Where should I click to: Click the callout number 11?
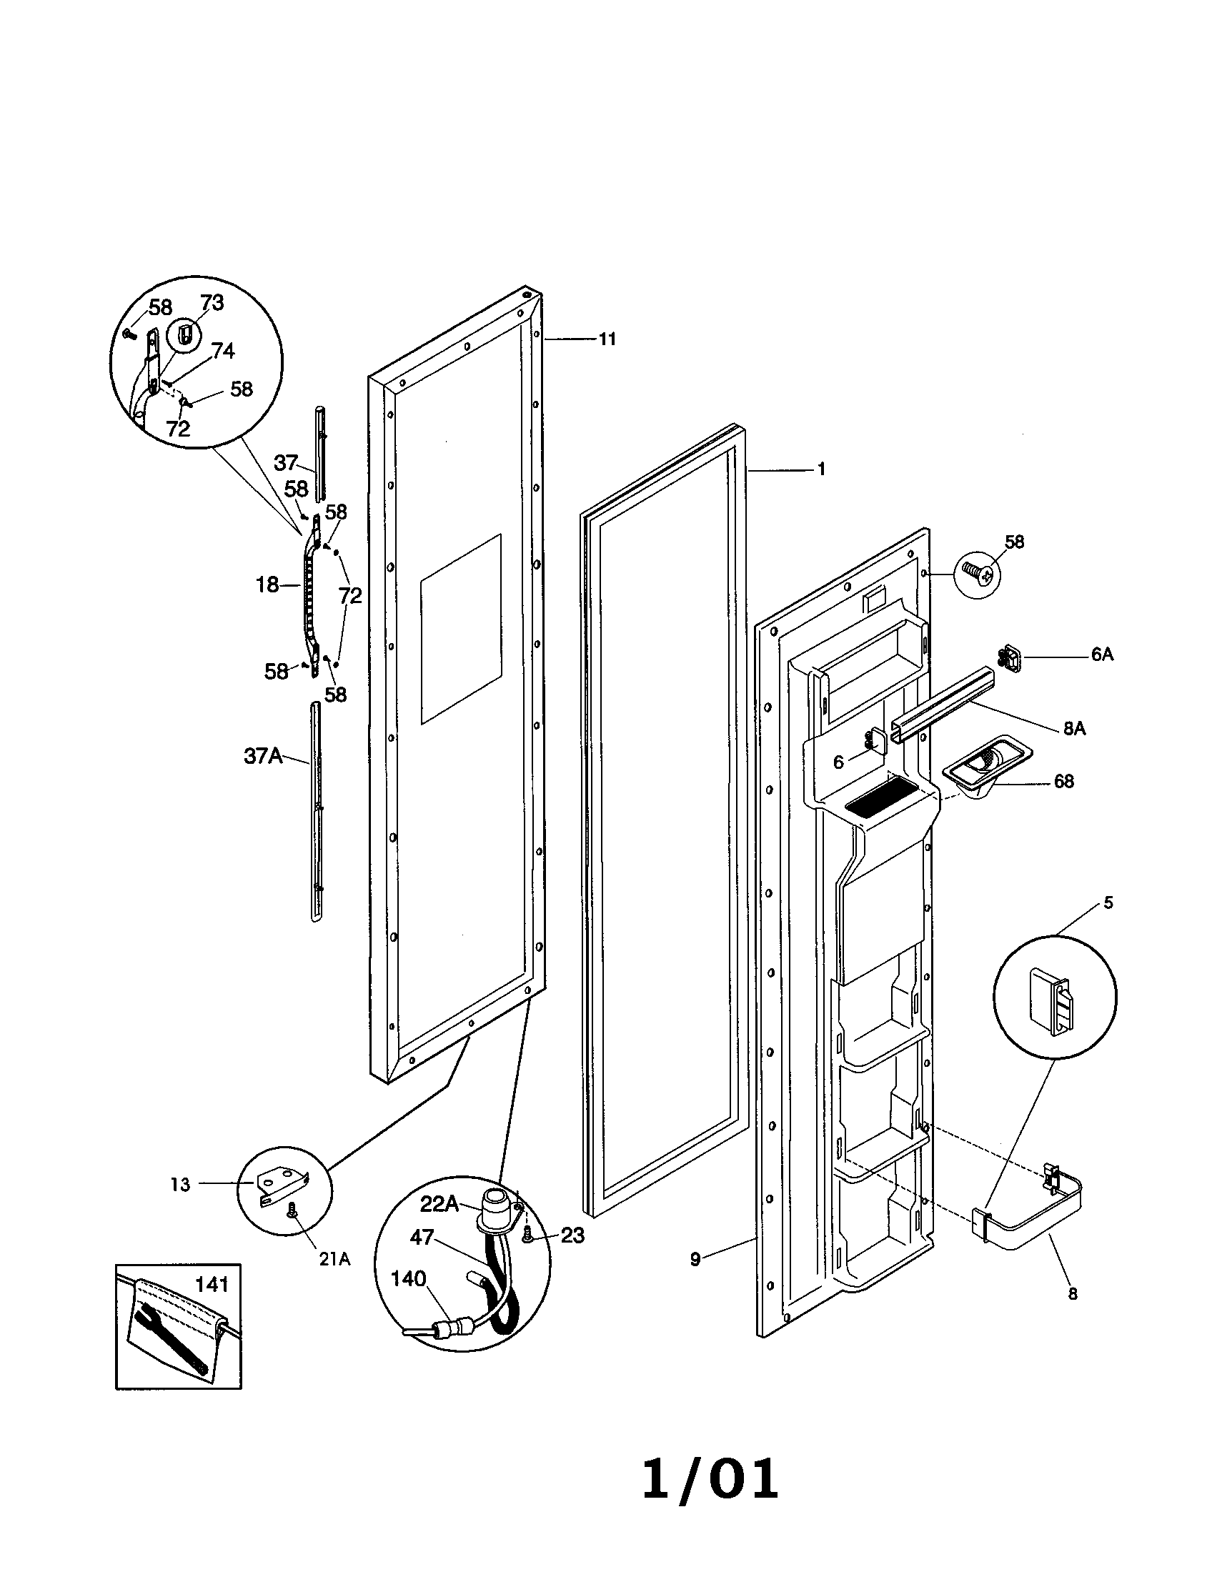(607, 339)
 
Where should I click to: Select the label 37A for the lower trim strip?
(263, 757)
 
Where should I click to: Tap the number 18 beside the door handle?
(267, 585)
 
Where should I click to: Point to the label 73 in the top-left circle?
(212, 303)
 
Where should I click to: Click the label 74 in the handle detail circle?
(222, 352)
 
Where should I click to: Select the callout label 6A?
(1102, 655)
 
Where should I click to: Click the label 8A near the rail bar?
(1074, 728)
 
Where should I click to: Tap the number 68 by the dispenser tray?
(1064, 781)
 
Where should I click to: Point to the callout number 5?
(1108, 902)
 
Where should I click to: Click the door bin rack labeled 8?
(1029, 1216)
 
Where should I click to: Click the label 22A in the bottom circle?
(439, 1203)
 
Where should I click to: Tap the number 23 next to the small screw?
(572, 1235)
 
